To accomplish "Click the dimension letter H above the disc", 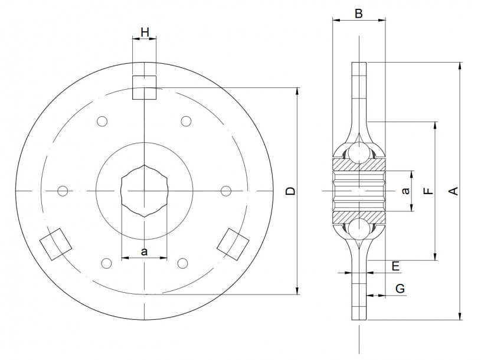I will [145, 32].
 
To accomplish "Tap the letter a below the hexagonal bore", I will [145, 251].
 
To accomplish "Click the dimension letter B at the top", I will [359, 14].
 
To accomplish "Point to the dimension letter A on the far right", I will [453, 191].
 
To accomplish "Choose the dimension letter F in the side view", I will [429, 191].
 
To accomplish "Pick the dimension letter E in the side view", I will [396, 266].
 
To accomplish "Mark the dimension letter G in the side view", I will [400, 289].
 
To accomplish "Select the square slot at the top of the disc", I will [144, 87].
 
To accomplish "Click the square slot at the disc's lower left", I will [55, 243].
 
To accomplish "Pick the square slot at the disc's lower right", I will [234, 243].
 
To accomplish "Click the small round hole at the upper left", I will [102, 122].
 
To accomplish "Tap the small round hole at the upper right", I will [186, 121].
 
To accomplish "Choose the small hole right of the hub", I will [225, 190].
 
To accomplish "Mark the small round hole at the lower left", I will [106, 263].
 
